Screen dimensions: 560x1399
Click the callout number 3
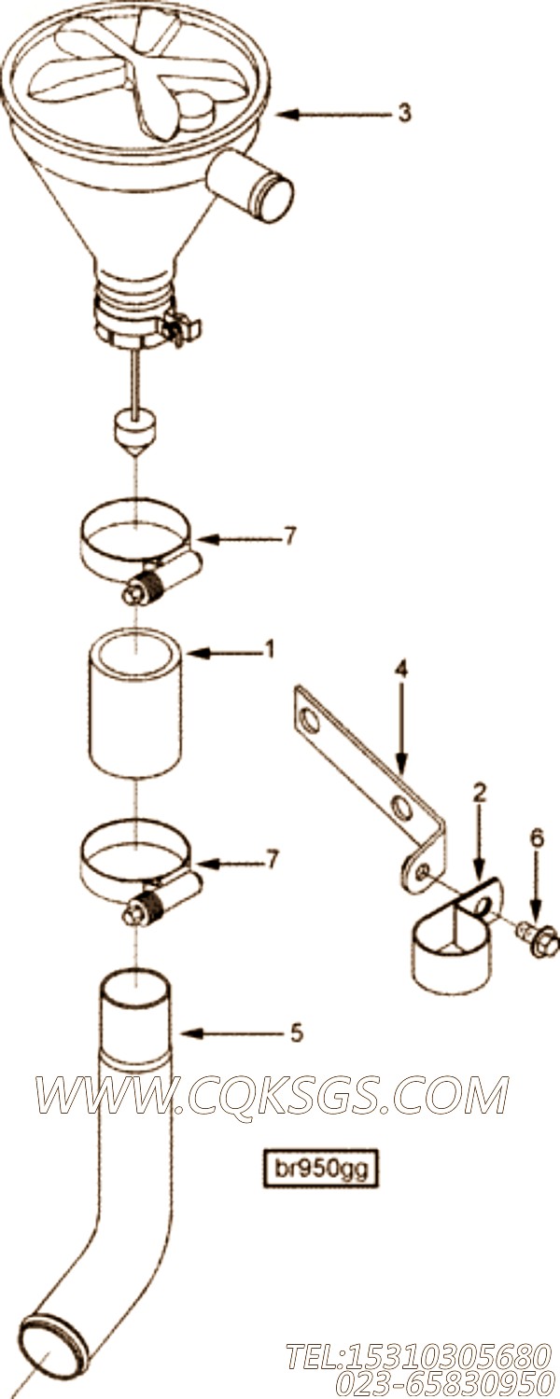click(404, 113)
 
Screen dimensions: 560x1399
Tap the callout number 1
click(270, 649)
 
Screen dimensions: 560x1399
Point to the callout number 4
click(400, 670)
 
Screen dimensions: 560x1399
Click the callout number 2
click(480, 793)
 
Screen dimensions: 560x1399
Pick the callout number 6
click(538, 838)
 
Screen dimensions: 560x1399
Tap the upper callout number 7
click(289, 536)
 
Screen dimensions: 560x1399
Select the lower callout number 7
click(272, 861)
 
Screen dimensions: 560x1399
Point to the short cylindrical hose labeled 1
click(136, 703)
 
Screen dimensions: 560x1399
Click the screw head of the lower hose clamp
click(133, 916)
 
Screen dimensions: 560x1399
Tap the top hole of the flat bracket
click(309, 720)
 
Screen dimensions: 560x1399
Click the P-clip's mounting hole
click(483, 907)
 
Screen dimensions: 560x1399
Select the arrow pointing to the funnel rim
click(334, 115)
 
